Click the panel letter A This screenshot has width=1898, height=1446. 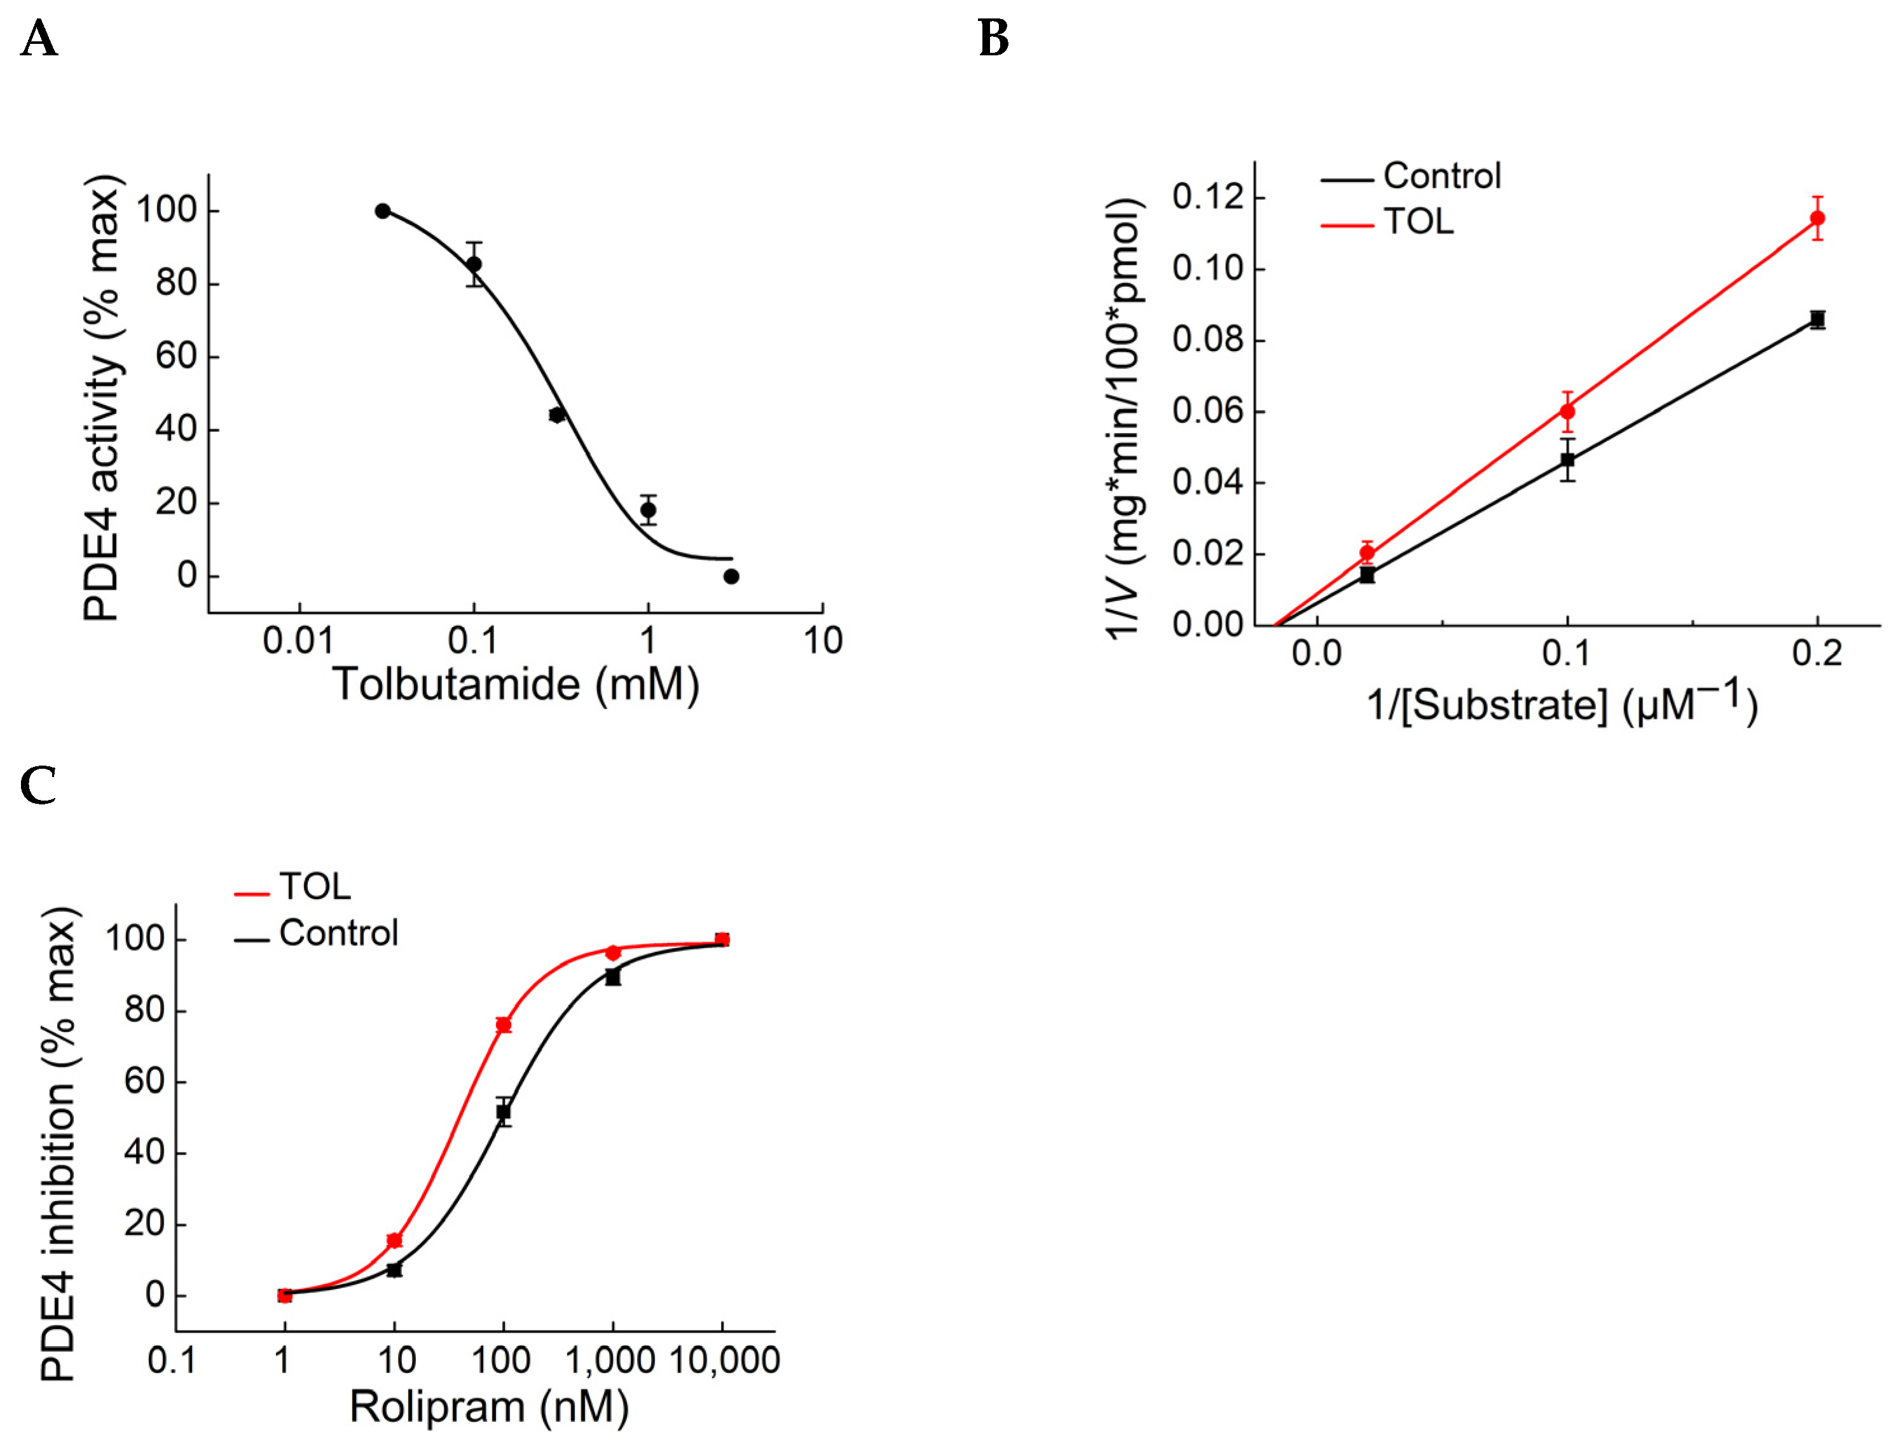[39, 39]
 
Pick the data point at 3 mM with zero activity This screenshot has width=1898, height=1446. [731, 577]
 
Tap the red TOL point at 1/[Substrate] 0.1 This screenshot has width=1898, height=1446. [1567, 411]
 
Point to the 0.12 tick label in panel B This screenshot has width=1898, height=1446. [1207, 197]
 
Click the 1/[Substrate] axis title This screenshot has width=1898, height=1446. [1562, 704]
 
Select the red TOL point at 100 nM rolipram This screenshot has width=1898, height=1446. [504, 1025]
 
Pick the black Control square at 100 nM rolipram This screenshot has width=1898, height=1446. [504, 1112]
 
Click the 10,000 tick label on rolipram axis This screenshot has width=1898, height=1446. [724, 1361]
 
